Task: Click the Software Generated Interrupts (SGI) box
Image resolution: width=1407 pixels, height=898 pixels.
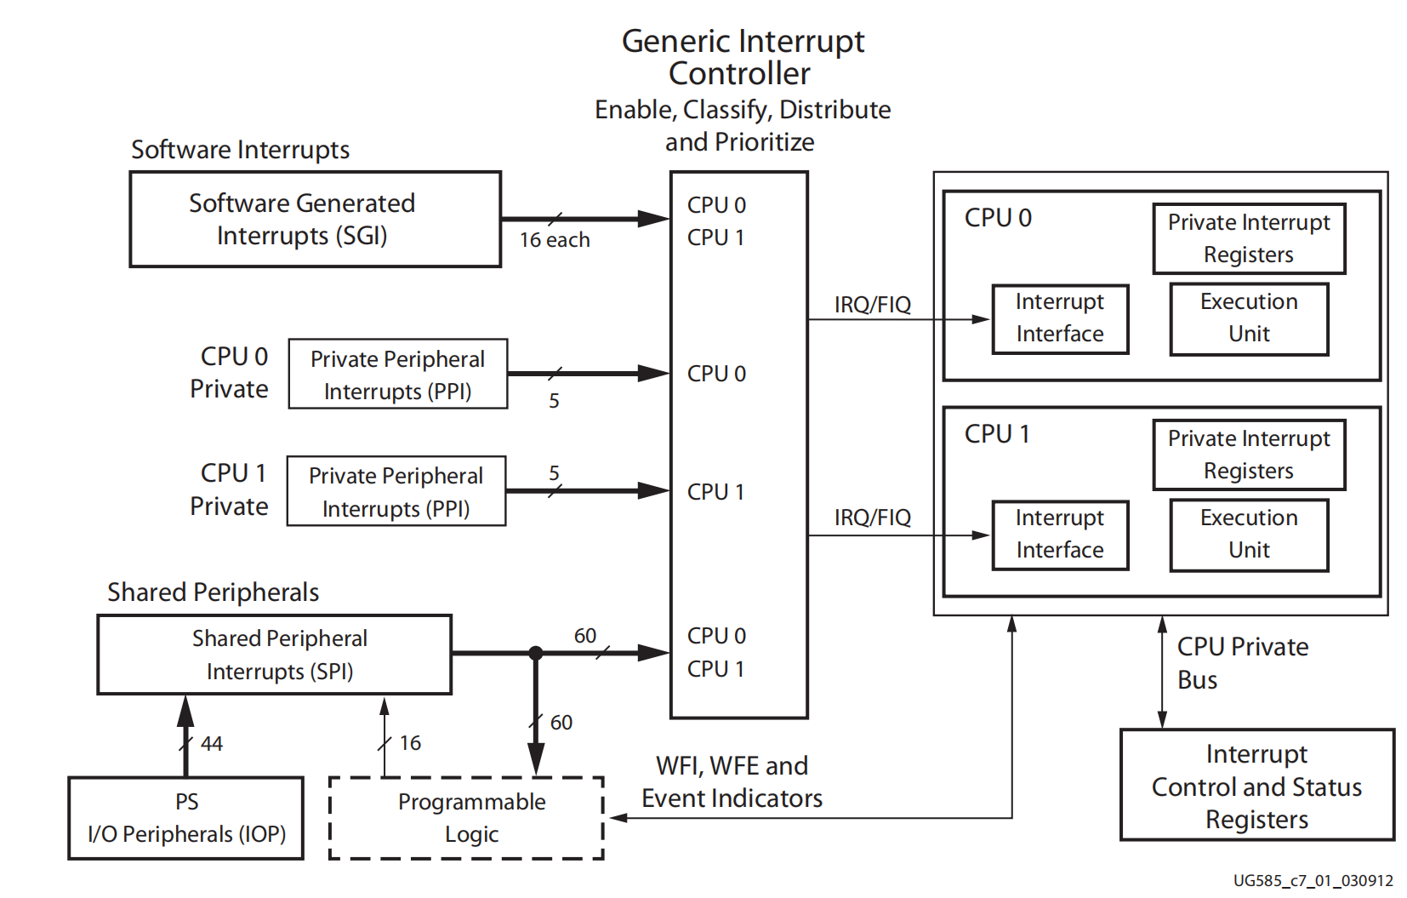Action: pos(315,220)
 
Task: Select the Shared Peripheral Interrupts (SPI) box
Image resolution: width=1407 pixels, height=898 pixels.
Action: pos(274,655)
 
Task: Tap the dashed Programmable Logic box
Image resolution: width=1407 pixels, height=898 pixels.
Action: pos(466,818)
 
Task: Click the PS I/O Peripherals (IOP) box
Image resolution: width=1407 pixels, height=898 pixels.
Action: pos(185,818)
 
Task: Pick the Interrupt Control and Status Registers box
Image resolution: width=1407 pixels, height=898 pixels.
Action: pos(1256,786)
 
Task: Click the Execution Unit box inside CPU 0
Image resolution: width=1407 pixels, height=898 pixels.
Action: pos(1249,318)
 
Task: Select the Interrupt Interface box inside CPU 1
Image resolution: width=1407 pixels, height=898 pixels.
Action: pos(1060,535)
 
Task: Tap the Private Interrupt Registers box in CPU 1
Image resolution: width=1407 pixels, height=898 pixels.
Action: pos(1249,455)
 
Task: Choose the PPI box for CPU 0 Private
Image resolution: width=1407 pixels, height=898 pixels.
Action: pos(398,375)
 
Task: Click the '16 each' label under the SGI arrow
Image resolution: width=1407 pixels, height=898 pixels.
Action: pos(555,241)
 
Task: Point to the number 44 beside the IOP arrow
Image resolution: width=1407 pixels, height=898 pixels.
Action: pos(212,744)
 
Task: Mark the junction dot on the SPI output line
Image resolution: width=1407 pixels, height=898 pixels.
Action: pos(535,654)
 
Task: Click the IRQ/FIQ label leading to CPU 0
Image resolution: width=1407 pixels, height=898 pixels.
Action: pos(872,305)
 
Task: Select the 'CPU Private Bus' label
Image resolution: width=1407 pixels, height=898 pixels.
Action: pos(1242,663)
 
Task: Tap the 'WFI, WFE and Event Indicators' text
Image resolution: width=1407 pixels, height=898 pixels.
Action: pos(732,782)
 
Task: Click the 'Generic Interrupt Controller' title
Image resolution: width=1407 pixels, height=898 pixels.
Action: pos(743,57)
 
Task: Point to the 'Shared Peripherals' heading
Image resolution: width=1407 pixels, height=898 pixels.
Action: pos(213,592)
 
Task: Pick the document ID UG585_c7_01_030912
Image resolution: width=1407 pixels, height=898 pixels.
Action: pos(1313,881)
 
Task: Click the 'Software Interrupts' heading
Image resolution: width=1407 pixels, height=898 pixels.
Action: pos(240,150)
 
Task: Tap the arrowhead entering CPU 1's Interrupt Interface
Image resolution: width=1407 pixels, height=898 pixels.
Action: pos(982,535)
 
